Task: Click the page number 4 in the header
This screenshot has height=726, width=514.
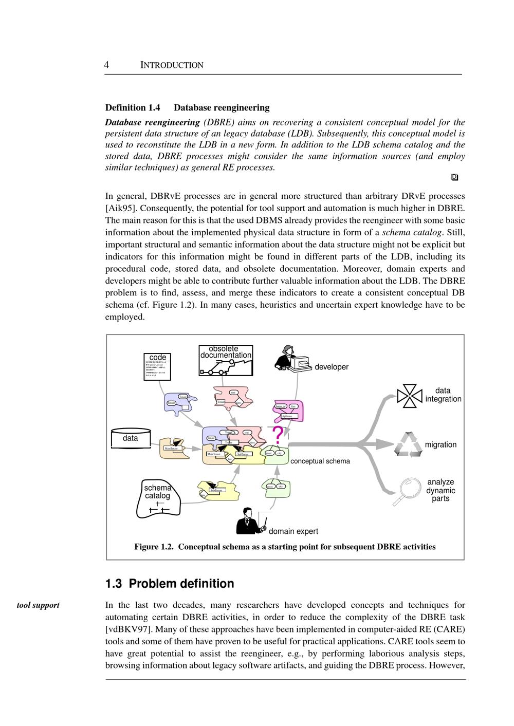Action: pos(106,65)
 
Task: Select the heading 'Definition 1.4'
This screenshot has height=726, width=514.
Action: pos(133,107)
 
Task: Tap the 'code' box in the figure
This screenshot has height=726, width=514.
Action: pos(157,366)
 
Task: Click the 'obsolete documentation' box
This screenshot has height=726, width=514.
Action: pos(226,360)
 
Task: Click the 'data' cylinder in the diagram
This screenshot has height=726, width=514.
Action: pos(131,438)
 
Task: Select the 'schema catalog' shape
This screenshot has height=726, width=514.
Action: pos(158,498)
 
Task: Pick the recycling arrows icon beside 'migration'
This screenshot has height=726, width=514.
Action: pos(408,444)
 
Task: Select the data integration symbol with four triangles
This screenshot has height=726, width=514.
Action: pos(410,396)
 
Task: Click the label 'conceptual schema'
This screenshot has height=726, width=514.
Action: pos(320,461)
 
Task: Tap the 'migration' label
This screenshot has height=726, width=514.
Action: pos(440,444)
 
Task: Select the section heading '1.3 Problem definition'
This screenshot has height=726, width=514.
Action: pos(170,584)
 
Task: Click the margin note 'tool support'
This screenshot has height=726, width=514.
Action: pos(38,605)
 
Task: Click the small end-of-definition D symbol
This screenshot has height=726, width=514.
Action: pos(454,177)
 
